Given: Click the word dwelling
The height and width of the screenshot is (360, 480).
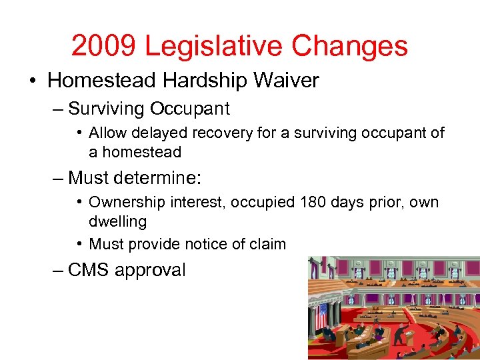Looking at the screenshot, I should pyautogui.click(x=117, y=221).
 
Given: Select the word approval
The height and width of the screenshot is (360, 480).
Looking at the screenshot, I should pyautogui.click(x=150, y=271).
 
